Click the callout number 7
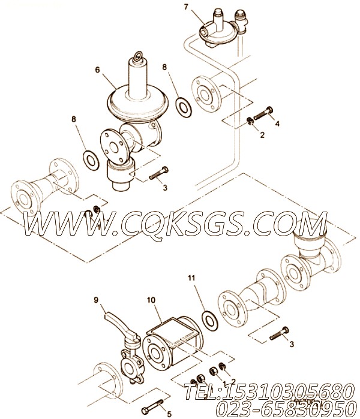(x=186, y=7)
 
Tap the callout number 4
(x=277, y=123)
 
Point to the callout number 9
(x=95, y=299)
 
